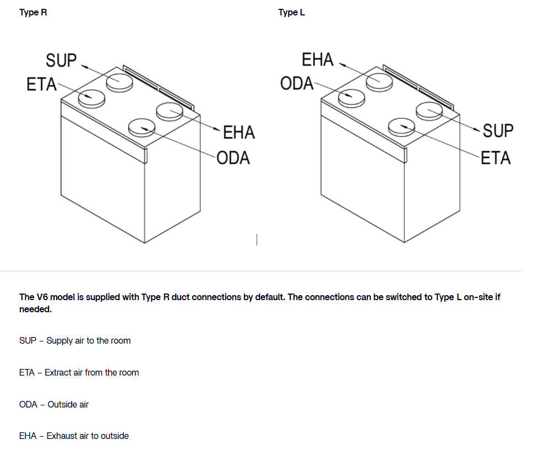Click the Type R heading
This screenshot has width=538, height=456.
pos(33,12)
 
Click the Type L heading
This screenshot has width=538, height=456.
pos(291,12)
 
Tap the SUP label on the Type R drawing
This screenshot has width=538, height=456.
pos(62,60)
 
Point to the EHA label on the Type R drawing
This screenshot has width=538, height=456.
pos(239,133)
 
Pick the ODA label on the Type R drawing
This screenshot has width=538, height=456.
pos(233,158)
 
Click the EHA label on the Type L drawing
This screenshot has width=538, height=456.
pos(318,59)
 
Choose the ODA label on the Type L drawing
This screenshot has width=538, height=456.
pos(297,84)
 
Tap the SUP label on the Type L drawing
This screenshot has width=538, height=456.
pos(498,131)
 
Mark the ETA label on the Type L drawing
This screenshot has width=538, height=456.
pos(496,158)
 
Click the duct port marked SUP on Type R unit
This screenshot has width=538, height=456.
pos(120,82)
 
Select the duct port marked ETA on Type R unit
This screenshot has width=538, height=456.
pos(91,98)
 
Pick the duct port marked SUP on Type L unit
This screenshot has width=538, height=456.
pos(430,110)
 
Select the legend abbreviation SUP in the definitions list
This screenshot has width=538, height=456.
pos(28,340)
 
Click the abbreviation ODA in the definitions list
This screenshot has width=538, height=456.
pos(28,404)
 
